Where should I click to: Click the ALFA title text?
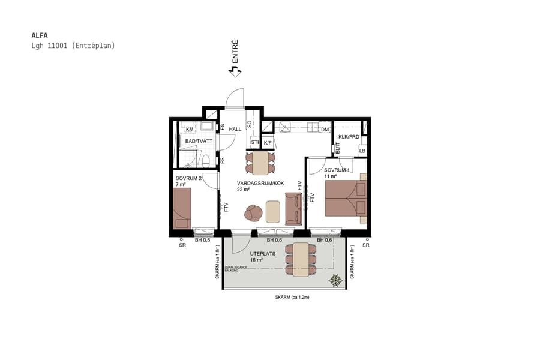point(40,35)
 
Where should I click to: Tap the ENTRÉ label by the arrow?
point(235,52)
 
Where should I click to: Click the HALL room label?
point(235,129)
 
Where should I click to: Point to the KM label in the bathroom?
point(190,130)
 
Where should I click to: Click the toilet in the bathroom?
point(205,160)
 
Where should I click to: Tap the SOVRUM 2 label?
point(188,178)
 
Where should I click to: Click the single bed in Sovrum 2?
point(182,208)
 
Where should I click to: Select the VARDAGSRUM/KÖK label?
point(260,183)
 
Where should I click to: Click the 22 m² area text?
point(243,190)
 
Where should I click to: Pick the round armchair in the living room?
point(253,212)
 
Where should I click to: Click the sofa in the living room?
point(293,208)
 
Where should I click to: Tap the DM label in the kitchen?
point(325,130)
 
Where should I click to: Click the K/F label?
point(268,143)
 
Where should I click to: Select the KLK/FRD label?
point(349,137)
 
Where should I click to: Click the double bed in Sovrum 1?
point(346,198)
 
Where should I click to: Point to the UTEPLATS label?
point(263,253)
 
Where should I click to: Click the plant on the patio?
point(335,280)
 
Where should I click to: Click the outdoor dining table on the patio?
point(301,260)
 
